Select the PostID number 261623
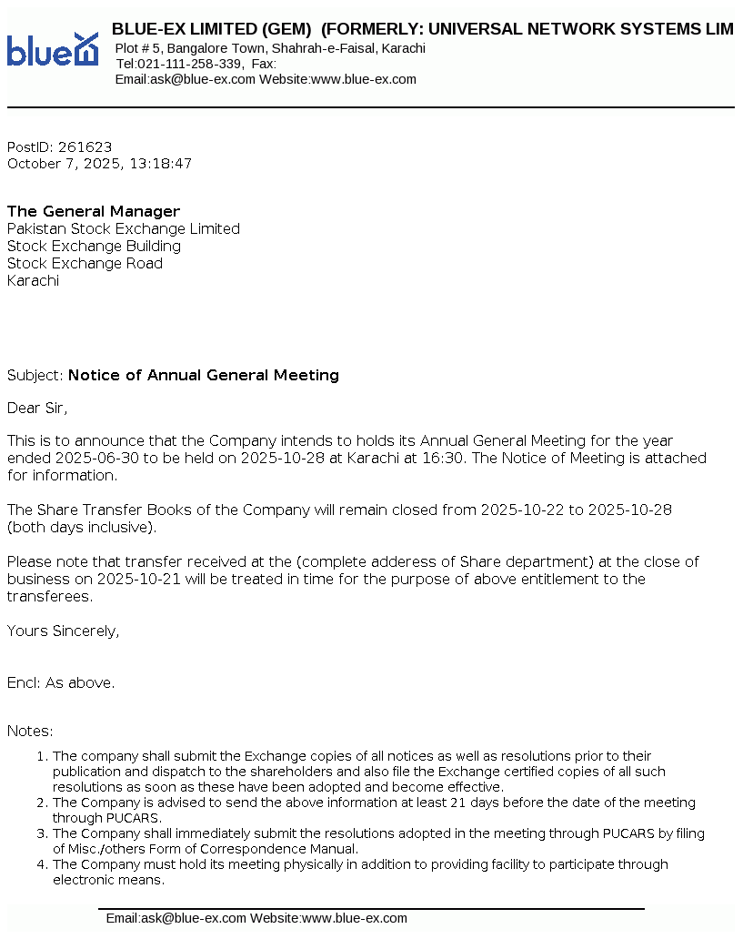click(85, 147)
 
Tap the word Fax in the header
click(262, 64)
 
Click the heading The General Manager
click(94, 212)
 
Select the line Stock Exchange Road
click(85, 264)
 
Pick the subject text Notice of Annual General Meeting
click(204, 376)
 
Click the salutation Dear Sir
click(37, 409)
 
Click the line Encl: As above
click(61, 683)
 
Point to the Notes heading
click(30, 732)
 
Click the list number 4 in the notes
click(41, 865)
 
